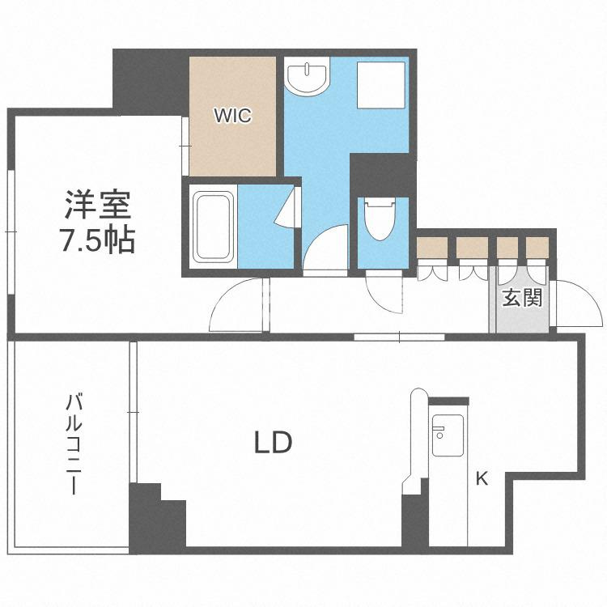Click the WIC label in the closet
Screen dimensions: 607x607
(x=233, y=116)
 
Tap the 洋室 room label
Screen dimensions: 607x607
(x=98, y=206)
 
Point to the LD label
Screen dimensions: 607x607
(x=273, y=443)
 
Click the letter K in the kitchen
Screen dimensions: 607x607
(x=482, y=478)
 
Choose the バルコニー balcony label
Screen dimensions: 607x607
(x=74, y=444)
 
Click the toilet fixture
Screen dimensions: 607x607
(x=380, y=219)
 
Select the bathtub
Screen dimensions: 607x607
(x=213, y=227)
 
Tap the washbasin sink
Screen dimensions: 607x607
(x=307, y=76)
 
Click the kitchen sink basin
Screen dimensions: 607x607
(x=448, y=435)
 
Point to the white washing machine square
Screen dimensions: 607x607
(x=381, y=85)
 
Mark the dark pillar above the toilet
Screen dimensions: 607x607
(x=382, y=175)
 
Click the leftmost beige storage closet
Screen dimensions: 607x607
(x=432, y=248)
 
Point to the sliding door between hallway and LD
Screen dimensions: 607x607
(x=399, y=337)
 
